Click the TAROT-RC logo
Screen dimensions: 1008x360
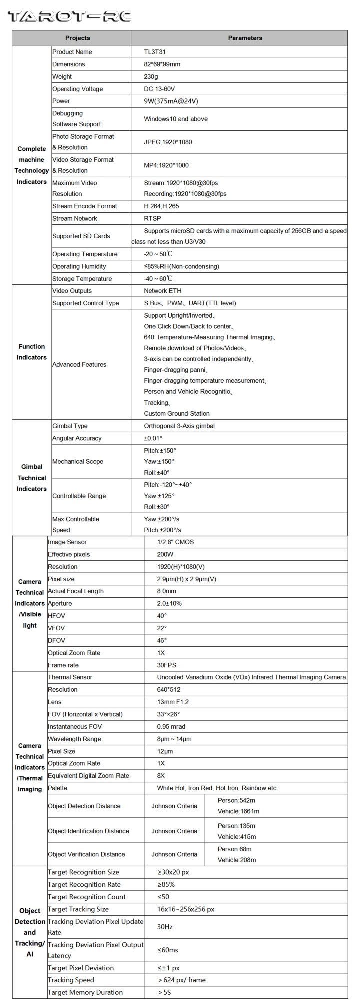click(x=69, y=16)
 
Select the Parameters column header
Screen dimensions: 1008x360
click(x=245, y=38)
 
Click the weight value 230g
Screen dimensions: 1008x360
click(x=151, y=76)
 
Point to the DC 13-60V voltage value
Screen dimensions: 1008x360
click(x=159, y=89)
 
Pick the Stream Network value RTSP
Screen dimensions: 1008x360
click(x=152, y=218)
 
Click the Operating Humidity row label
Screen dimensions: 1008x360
click(x=79, y=266)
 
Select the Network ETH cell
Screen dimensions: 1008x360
click(x=163, y=291)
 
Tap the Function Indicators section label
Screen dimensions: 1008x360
click(x=32, y=352)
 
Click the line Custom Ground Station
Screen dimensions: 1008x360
click(x=177, y=413)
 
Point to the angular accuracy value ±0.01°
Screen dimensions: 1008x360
click(x=153, y=438)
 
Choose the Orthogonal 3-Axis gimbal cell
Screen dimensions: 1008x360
click(x=179, y=426)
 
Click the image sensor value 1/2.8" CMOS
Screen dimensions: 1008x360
click(x=175, y=542)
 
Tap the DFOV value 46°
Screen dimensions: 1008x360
click(x=162, y=640)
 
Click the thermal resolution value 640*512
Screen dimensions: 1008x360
click(x=169, y=689)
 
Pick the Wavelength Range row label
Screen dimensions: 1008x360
click(x=74, y=739)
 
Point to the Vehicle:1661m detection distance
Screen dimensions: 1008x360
click(x=238, y=811)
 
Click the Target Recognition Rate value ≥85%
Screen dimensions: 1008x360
click(x=166, y=884)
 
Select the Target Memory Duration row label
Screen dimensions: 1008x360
click(x=85, y=992)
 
